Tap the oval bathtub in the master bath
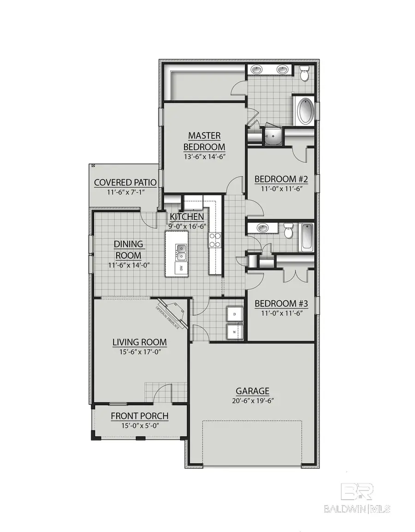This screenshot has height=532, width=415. click(x=304, y=111)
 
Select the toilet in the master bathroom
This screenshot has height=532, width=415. click(x=304, y=73)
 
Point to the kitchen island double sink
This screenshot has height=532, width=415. click(x=181, y=251)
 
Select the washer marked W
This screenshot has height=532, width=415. click(x=235, y=331)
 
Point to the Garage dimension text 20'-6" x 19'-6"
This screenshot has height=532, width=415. click(x=253, y=400)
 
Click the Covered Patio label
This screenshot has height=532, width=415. click(x=125, y=182)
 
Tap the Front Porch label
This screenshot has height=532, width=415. click(x=139, y=416)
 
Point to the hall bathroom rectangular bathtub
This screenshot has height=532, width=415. click(x=307, y=237)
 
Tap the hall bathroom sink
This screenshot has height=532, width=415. click(x=263, y=228)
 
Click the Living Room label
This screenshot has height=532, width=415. click(x=139, y=342)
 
